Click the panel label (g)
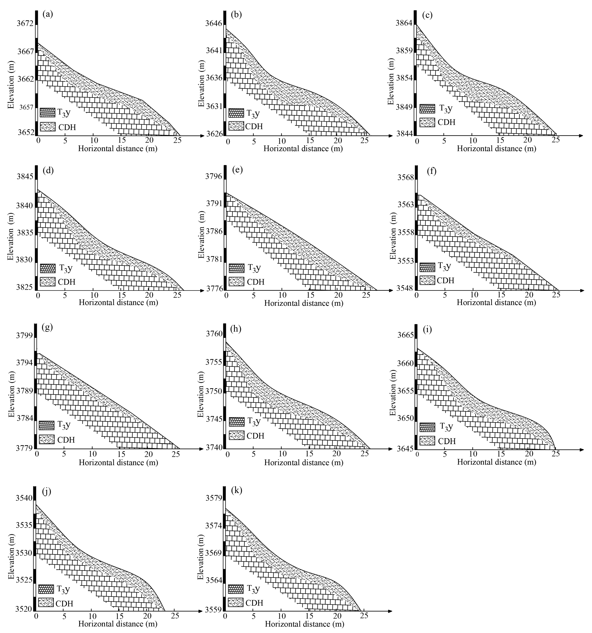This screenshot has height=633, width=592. click(47, 328)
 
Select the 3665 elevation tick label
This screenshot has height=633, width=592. click(405, 335)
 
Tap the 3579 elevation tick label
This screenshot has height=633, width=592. click(214, 497)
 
